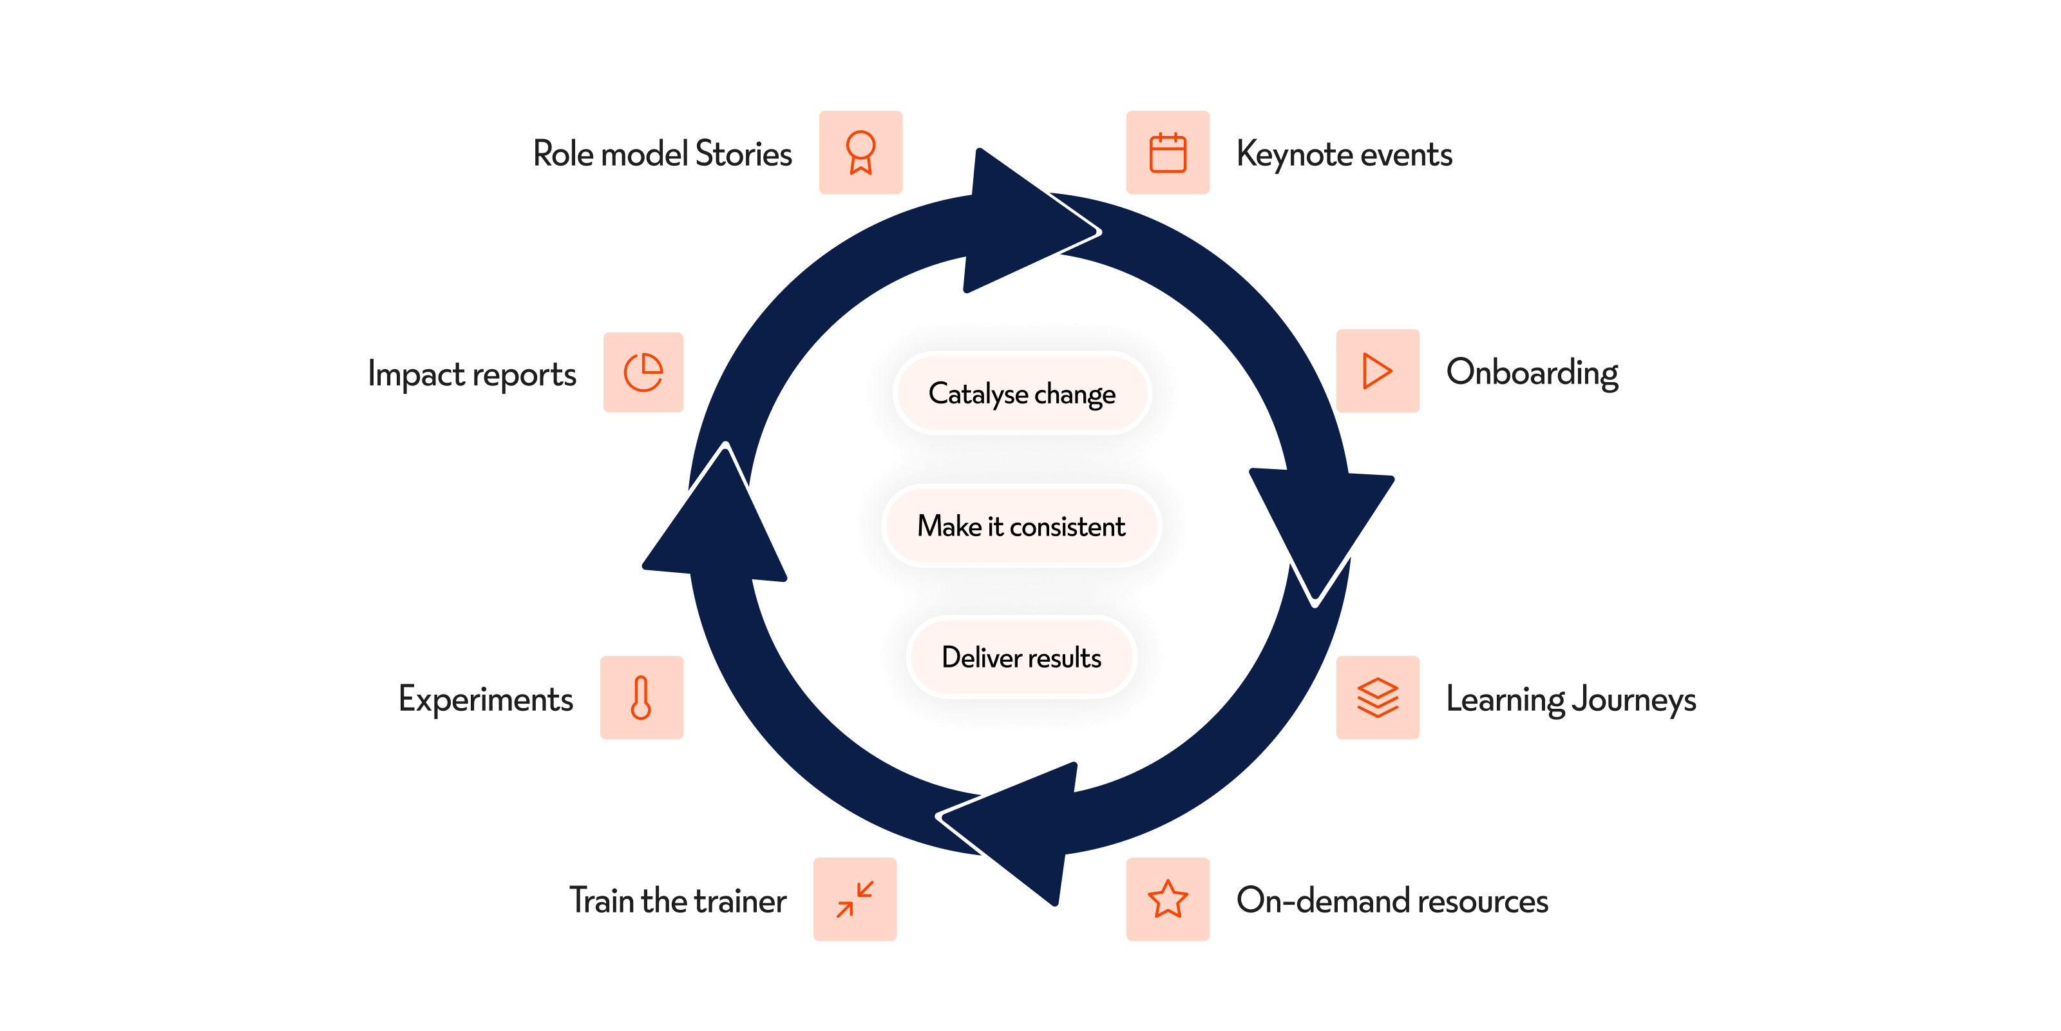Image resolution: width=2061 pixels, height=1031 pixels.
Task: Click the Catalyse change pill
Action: [x=1021, y=393]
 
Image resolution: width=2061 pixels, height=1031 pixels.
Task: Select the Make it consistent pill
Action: [x=1021, y=526]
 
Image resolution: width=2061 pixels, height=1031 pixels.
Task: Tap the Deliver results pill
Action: [x=1021, y=657]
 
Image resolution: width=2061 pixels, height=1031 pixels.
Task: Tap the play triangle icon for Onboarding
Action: [x=1377, y=371]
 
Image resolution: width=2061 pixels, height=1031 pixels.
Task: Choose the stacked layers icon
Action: [x=1377, y=698]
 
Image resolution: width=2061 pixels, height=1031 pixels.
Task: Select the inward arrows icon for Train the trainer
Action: [x=855, y=899]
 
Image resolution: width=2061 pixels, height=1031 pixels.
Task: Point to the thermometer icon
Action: [x=641, y=698]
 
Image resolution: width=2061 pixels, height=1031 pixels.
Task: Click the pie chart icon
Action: [x=643, y=373]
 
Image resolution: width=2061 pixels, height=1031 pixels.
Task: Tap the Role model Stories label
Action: [x=663, y=154]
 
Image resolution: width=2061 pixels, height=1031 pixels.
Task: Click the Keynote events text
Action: [x=1344, y=155]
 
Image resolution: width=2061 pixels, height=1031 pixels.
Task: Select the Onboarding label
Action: [x=1532, y=373]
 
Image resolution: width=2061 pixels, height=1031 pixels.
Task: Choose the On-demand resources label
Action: [x=1392, y=901]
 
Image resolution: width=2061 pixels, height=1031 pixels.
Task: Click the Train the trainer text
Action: [x=678, y=901]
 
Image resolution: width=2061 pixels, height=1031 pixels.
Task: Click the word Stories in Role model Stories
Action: [x=743, y=154]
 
